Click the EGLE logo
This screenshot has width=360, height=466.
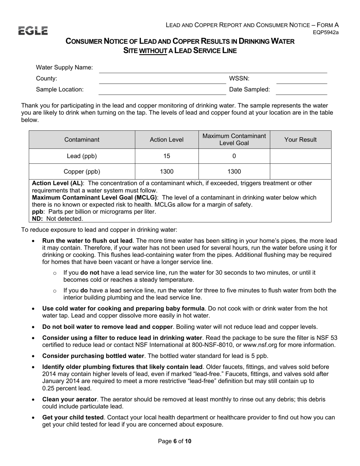point(33,31)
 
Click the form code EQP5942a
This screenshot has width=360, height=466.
point(326,33)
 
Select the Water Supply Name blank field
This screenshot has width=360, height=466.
point(212,68)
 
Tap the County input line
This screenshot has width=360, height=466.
point(162,79)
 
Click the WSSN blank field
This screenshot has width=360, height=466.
point(302,79)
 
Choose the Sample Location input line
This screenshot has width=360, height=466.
point(162,90)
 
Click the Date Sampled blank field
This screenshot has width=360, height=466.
point(302,90)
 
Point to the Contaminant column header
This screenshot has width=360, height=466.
point(82,140)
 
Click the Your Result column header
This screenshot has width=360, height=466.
point(300,140)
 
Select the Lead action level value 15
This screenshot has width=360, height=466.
point(167,156)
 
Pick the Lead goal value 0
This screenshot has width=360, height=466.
point(234,156)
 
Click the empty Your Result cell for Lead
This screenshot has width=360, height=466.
point(300,156)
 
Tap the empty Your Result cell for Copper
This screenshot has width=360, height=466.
point(300,171)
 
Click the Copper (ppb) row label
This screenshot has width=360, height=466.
point(82,171)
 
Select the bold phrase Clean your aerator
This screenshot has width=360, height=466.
point(70,399)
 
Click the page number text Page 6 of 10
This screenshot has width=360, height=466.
point(175,441)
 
